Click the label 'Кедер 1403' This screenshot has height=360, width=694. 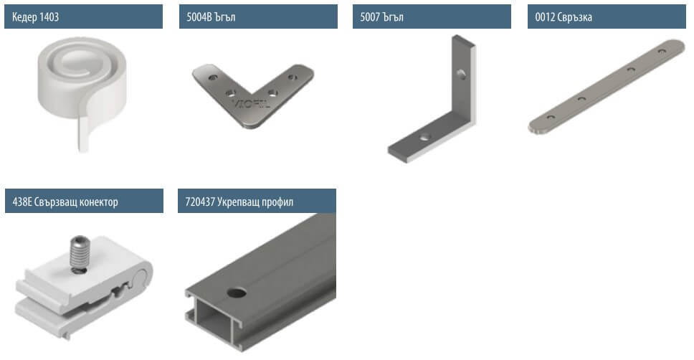click(x=35, y=17)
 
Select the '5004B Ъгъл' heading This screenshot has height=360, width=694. click(x=211, y=17)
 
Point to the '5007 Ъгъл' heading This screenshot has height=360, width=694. click(x=381, y=17)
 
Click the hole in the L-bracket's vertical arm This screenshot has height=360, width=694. click(x=461, y=73)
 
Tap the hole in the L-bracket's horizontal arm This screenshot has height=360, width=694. click(x=424, y=137)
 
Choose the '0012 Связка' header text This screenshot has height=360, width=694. click(x=564, y=17)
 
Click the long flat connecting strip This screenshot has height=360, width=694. click(x=607, y=86)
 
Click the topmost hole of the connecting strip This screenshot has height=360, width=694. click(x=661, y=52)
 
